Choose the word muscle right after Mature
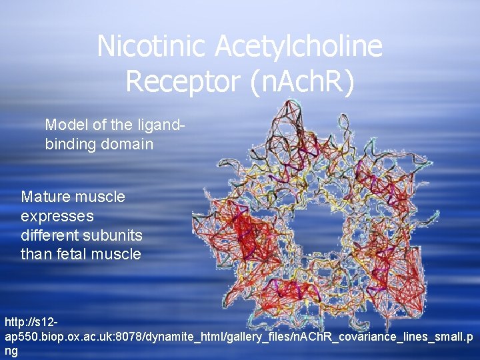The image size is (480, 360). (99, 197)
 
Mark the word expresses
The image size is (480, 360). (57, 216)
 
